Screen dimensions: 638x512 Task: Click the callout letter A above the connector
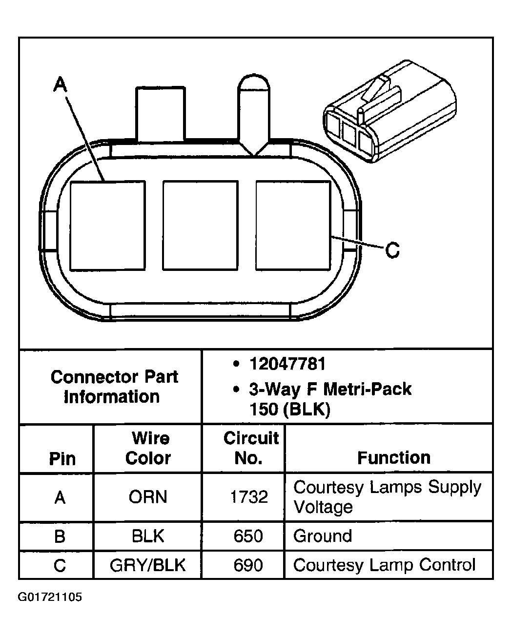[60, 85]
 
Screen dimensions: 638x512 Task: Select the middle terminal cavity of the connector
[200, 225]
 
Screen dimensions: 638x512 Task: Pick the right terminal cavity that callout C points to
[293, 225]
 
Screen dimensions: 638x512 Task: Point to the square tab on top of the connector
[161, 114]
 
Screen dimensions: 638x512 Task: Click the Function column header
[393, 457]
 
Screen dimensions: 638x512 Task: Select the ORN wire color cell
[148, 497]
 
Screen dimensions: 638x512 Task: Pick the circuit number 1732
[249, 497]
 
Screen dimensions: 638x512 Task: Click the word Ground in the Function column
[323, 536]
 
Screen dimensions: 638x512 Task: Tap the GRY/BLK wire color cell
[148, 565]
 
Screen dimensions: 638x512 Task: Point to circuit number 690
[249, 565]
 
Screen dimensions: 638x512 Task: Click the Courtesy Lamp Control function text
[384, 565]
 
